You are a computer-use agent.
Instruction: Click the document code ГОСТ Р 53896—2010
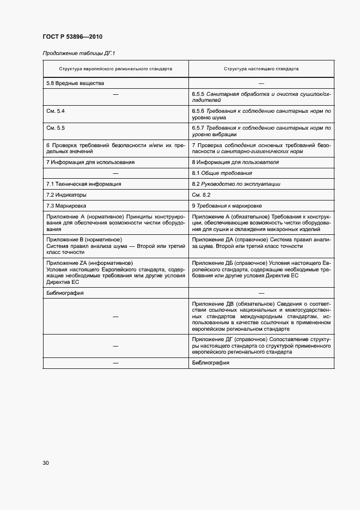[72, 37]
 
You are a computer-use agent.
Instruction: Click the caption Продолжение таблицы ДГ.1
[79, 53]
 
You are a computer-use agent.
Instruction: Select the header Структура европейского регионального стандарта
[115, 70]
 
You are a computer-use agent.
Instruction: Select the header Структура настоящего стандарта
[261, 70]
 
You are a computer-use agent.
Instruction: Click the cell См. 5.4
[56, 111]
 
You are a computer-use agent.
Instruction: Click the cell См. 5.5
[56, 127]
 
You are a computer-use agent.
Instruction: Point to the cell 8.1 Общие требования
[222, 173]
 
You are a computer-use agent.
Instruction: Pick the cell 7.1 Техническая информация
[84, 184]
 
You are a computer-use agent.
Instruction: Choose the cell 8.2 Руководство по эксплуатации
[236, 184]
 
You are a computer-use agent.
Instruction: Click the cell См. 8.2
[201, 195]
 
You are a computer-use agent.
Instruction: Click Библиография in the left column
[65, 293]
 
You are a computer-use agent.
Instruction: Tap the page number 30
[46, 463]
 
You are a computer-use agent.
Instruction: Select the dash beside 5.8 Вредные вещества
[261, 83]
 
